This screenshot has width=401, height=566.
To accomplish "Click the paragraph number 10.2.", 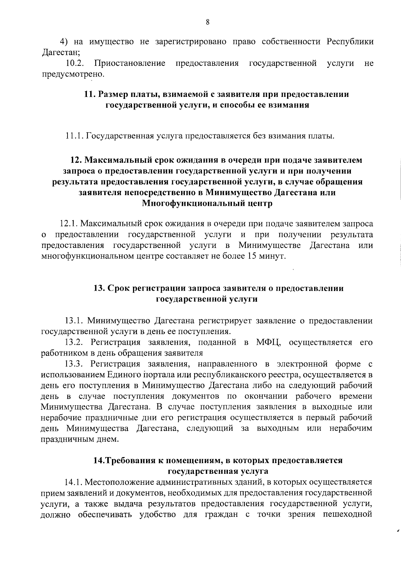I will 75,63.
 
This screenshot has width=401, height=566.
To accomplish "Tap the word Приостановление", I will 130,63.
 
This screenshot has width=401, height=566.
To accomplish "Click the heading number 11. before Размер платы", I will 90,94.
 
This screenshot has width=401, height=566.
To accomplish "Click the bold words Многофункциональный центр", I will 207,203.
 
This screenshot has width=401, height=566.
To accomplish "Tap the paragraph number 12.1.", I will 69,224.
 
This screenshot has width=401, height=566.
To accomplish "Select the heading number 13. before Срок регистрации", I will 100,288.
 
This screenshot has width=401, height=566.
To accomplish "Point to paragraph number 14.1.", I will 74,482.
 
